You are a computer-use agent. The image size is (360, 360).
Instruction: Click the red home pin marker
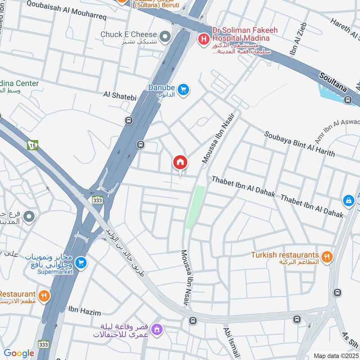coord(180,162)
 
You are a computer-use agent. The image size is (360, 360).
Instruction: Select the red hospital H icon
coord(203,40)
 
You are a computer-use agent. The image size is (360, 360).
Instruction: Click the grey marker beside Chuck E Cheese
coord(166,35)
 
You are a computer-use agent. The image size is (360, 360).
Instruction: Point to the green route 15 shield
coord(32,145)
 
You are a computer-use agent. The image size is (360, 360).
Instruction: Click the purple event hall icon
coord(157,330)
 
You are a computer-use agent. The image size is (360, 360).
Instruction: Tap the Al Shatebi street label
coord(119,94)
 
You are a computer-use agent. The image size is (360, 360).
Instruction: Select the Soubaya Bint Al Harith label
coord(299,144)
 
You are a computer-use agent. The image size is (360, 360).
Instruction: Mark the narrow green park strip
coord(195,207)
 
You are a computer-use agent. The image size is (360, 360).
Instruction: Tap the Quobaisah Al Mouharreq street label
coord(66,4)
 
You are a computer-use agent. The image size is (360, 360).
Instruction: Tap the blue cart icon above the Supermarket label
coord(81,261)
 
